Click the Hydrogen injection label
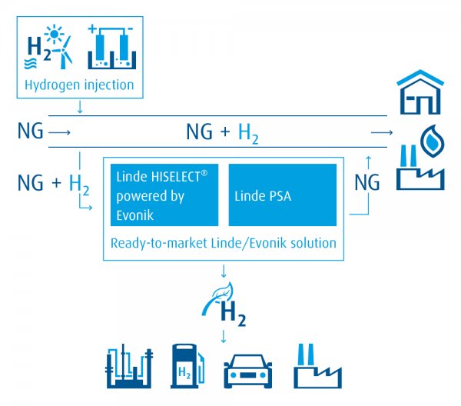pyautogui.click(x=79, y=85)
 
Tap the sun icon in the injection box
pyautogui.click(x=54, y=34)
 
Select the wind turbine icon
pyautogui.click(x=64, y=52)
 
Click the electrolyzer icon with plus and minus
pyautogui.click(x=111, y=47)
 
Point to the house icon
pyautogui.click(x=420, y=92)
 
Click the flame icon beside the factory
pyautogui.click(x=432, y=141)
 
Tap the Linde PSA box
pyautogui.click(x=283, y=195)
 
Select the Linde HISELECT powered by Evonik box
pyautogui.click(x=164, y=195)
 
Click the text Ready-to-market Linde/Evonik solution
pyautogui.click(x=224, y=243)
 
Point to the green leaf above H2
pyautogui.click(x=217, y=298)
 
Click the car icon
pyautogui.click(x=248, y=371)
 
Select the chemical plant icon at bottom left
pyautogui.click(x=129, y=366)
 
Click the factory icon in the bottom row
pyautogui.click(x=317, y=366)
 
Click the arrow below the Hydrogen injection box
pyautogui.click(x=80, y=107)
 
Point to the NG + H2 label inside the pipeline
pyautogui.click(x=223, y=133)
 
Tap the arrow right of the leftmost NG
pyautogui.click(x=59, y=132)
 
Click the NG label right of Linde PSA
pyautogui.click(x=367, y=182)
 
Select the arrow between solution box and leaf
pyautogui.click(x=224, y=271)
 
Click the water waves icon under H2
pyautogui.click(x=30, y=63)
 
